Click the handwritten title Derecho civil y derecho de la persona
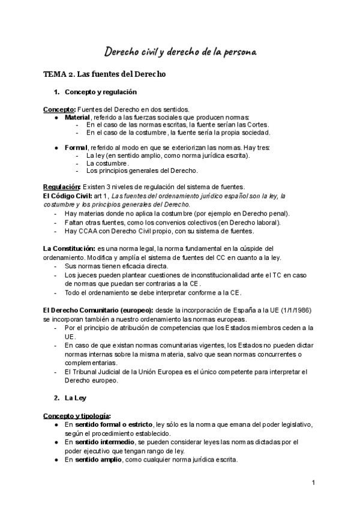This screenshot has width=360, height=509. coord(181,52)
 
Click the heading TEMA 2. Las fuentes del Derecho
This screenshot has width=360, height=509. coord(100,74)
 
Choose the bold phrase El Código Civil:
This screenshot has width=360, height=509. coord(67,196)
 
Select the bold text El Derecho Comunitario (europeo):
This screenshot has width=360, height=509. coord(98,310)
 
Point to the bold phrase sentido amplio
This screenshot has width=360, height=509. coord(95,460)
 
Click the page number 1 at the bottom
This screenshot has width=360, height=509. coord(314,483)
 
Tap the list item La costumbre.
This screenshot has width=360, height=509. coord(107,163)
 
